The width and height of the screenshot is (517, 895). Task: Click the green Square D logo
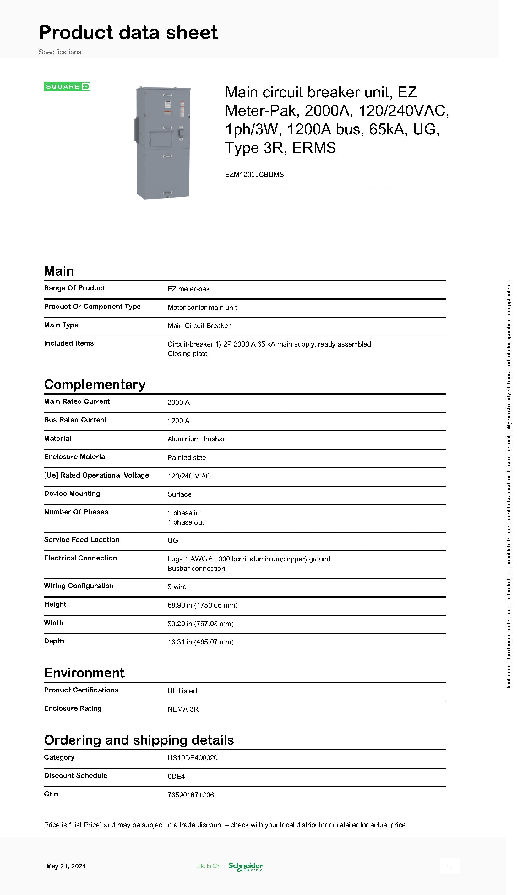pos(67,86)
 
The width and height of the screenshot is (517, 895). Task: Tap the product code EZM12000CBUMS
pos(254,174)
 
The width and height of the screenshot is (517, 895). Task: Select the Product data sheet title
pos(128,33)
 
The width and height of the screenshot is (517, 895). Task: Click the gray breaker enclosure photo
pos(163,143)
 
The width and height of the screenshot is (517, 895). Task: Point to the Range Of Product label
pos(74,288)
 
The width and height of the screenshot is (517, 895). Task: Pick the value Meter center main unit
pos(202,308)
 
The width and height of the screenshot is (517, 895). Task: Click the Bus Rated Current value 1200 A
pos(179,421)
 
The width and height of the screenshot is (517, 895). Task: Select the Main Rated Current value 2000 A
pos(179,402)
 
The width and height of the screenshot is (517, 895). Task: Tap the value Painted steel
pos(188,458)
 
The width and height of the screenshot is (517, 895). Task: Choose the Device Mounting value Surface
pos(179,494)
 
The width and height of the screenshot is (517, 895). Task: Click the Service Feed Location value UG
pos(173,541)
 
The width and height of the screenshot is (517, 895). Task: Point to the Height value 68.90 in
pos(202,605)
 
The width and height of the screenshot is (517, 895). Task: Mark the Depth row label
pos(54,641)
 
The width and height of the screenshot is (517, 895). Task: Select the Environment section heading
pos(84,673)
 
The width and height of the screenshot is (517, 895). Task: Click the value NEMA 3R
pos(183,709)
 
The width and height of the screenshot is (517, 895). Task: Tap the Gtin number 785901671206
pos(191,795)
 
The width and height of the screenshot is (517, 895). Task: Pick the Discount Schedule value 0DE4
pos(176,777)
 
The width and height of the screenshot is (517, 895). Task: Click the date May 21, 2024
pos(66,866)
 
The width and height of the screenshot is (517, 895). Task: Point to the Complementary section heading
pos(95,385)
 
